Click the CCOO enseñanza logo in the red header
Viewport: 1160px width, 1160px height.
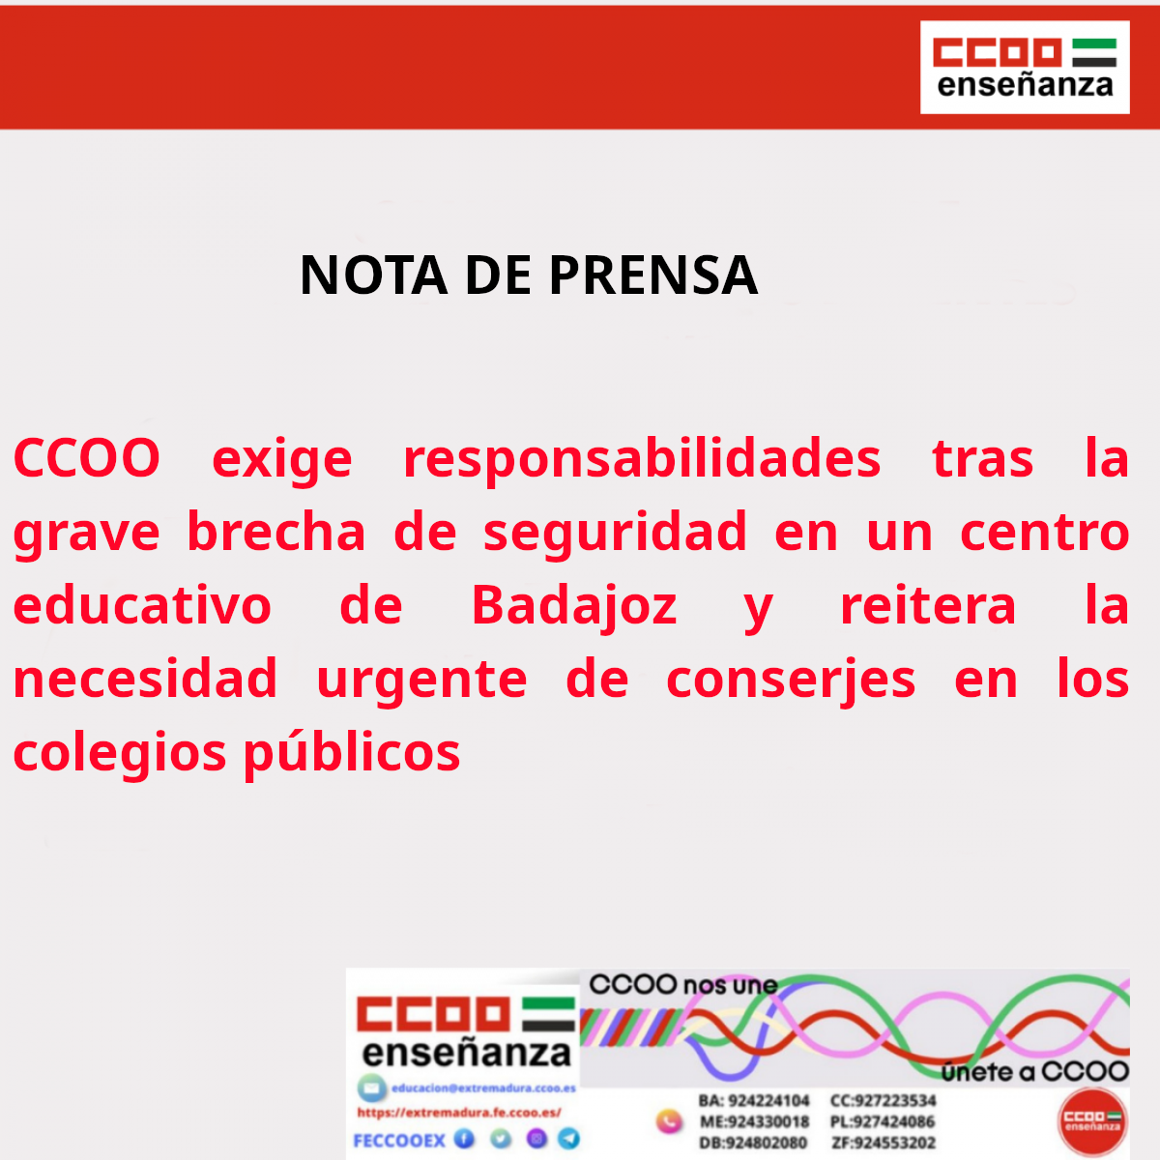click(x=1025, y=68)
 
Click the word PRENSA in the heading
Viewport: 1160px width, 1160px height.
click(x=653, y=275)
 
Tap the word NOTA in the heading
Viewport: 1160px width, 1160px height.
click(x=374, y=275)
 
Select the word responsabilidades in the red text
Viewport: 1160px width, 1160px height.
click(x=642, y=458)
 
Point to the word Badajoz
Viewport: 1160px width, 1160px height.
click(x=574, y=606)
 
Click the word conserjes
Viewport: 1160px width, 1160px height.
click(x=791, y=680)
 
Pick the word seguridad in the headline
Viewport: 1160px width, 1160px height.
click(x=616, y=533)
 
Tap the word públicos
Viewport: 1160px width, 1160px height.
click(x=352, y=753)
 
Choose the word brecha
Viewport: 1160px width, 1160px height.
click(x=276, y=533)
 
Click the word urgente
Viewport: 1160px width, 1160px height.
click(x=421, y=680)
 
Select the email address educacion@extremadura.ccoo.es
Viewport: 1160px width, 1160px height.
click(x=483, y=1088)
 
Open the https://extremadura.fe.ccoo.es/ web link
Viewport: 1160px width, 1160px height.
click(x=459, y=1113)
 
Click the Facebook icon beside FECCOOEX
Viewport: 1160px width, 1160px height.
click(x=465, y=1139)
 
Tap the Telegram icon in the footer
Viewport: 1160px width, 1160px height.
click(x=569, y=1139)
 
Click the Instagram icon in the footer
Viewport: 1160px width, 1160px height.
click(x=536, y=1139)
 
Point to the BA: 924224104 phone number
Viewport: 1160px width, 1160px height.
click(x=754, y=1101)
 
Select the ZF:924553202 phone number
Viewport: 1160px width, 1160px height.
click(x=884, y=1143)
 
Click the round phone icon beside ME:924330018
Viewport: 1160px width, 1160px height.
click(x=669, y=1121)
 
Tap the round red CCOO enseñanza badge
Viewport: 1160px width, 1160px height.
click(x=1092, y=1121)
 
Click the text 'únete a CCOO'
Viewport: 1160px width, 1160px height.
click(x=1034, y=1072)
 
